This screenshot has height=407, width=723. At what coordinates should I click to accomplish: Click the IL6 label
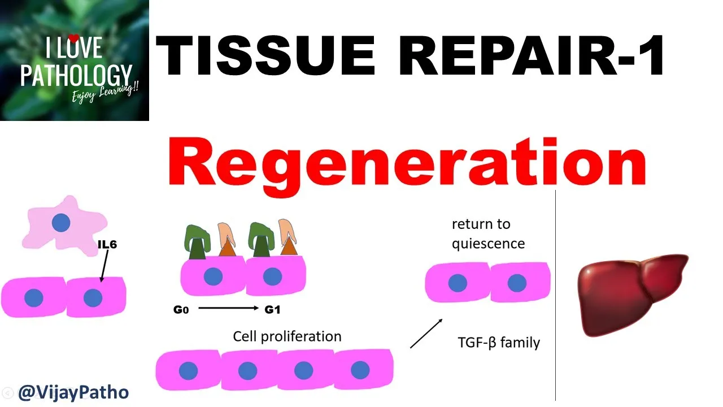(x=107, y=245)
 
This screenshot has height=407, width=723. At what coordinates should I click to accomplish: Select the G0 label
(x=181, y=310)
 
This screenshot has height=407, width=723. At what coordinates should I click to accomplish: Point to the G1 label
(x=272, y=310)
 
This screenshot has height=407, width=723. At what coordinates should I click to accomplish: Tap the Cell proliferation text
(x=287, y=336)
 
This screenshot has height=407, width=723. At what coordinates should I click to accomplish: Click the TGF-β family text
(x=499, y=343)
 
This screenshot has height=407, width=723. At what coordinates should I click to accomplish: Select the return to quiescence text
(x=488, y=233)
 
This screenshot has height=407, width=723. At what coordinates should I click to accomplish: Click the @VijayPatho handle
(x=73, y=392)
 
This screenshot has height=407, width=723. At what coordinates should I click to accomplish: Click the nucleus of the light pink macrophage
(x=61, y=223)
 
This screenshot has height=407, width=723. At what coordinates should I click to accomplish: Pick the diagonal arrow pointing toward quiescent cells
(x=426, y=334)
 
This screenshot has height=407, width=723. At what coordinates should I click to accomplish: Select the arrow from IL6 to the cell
(x=104, y=266)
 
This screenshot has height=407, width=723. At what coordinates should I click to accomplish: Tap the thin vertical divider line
(x=555, y=294)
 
